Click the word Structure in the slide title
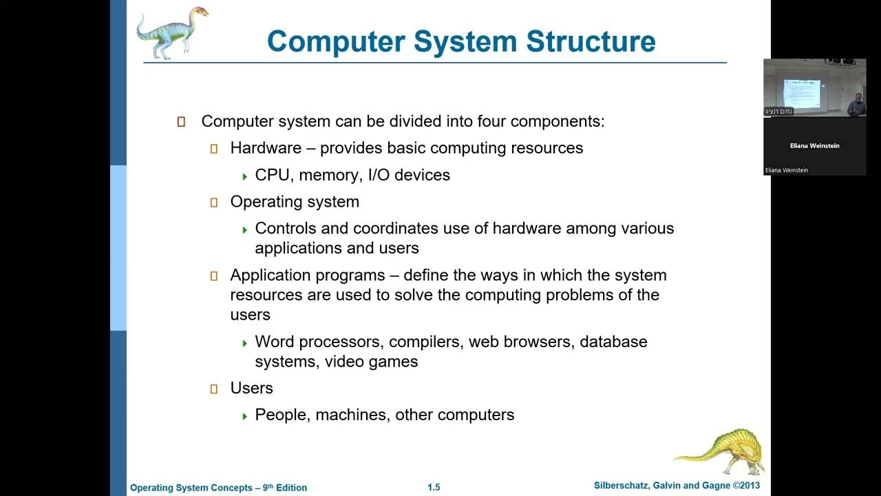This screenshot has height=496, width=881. (x=591, y=41)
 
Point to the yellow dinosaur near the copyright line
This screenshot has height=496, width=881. (x=720, y=451)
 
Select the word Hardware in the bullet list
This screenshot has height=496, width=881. (x=266, y=148)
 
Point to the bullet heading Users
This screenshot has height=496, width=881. (x=251, y=389)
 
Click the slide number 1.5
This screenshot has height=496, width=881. (x=434, y=488)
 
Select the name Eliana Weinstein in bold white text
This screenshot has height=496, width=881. (x=814, y=146)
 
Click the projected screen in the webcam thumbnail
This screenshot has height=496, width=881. (x=802, y=92)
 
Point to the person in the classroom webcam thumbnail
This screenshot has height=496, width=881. (x=856, y=105)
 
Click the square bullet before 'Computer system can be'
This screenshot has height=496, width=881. (x=181, y=122)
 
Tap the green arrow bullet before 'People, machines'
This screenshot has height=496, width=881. (x=244, y=416)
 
